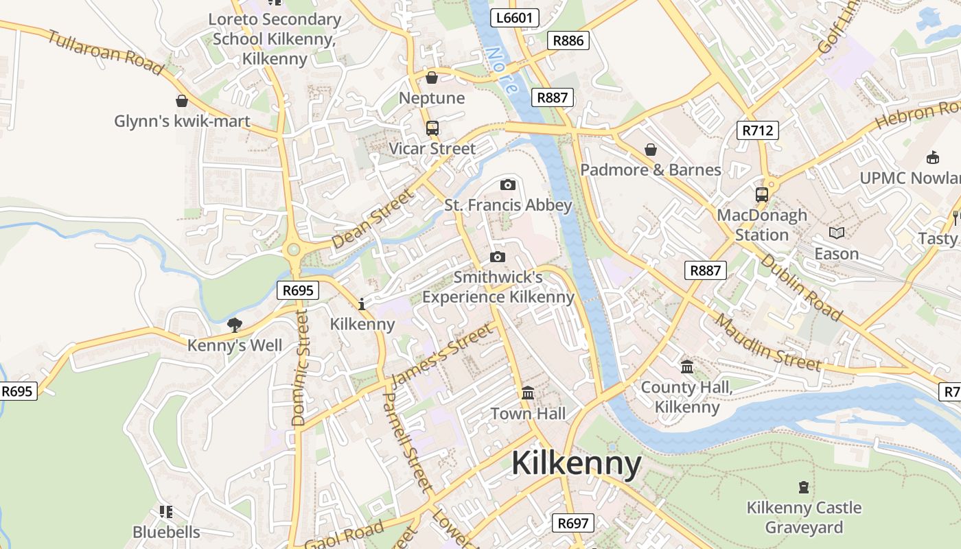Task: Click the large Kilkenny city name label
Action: click(577, 464)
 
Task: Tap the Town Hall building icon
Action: click(528, 393)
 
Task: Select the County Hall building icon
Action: click(687, 367)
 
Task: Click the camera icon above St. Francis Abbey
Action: click(508, 185)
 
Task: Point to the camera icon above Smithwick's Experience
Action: click(498, 257)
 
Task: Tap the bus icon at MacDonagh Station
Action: click(762, 194)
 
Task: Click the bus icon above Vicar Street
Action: click(432, 128)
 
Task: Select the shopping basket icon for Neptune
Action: click(432, 78)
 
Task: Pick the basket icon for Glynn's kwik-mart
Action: click(182, 101)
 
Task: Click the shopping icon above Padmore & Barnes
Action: click(651, 149)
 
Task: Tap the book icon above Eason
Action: click(836, 233)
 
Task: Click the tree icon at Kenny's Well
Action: click(235, 325)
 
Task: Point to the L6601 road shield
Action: click(514, 18)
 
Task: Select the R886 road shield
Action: click(568, 40)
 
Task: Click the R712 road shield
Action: click(758, 130)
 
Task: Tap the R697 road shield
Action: click(572, 523)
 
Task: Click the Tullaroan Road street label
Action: click(105, 52)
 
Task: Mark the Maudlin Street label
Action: click(768, 341)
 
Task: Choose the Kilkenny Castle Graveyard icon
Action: click(804, 487)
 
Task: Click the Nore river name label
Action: click(500, 70)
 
